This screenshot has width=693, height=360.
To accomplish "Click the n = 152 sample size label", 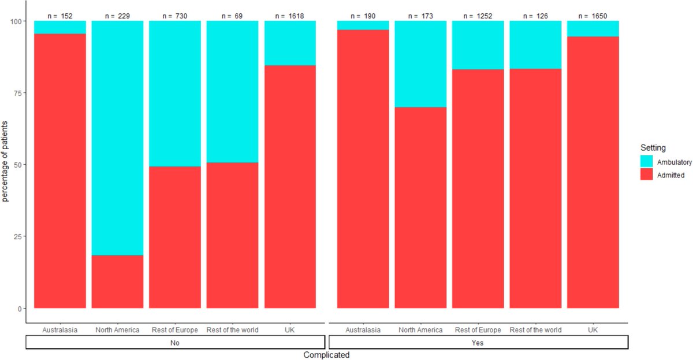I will (x=60, y=16).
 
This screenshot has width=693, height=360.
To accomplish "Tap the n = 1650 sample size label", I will (x=593, y=16).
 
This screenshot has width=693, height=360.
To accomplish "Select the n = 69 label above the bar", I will (x=232, y=16).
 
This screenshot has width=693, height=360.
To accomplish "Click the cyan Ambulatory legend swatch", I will (x=647, y=162).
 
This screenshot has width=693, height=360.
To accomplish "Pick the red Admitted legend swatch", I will (x=647, y=175).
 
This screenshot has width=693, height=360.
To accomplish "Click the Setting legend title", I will (x=651, y=148).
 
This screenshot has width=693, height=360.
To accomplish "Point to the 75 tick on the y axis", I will (x=20, y=93).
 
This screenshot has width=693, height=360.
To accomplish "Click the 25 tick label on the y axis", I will (x=20, y=236).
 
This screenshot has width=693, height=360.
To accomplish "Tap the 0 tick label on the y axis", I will (x=22, y=309).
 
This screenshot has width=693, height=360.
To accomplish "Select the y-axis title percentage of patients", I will (x=6, y=164).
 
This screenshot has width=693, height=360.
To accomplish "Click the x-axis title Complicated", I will (x=326, y=355).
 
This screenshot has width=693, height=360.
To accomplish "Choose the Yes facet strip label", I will (x=478, y=342).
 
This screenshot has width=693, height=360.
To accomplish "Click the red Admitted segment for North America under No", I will (x=117, y=281).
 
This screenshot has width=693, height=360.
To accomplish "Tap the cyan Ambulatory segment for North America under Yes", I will (x=420, y=64).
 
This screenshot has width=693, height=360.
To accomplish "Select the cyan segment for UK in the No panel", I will (x=290, y=43).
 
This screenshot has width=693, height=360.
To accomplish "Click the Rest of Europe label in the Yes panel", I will (x=478, y=330).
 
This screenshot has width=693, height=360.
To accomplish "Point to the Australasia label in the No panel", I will (x=60, y=330).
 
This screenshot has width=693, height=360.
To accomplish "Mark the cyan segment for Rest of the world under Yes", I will (x=535, y=44).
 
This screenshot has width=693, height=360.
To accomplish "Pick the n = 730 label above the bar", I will (x=174, y=16).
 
